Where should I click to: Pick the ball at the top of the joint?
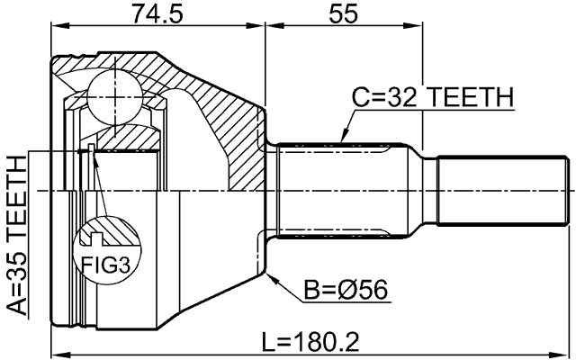coord(115,92)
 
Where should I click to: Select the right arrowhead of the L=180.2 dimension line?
coord(570,355)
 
